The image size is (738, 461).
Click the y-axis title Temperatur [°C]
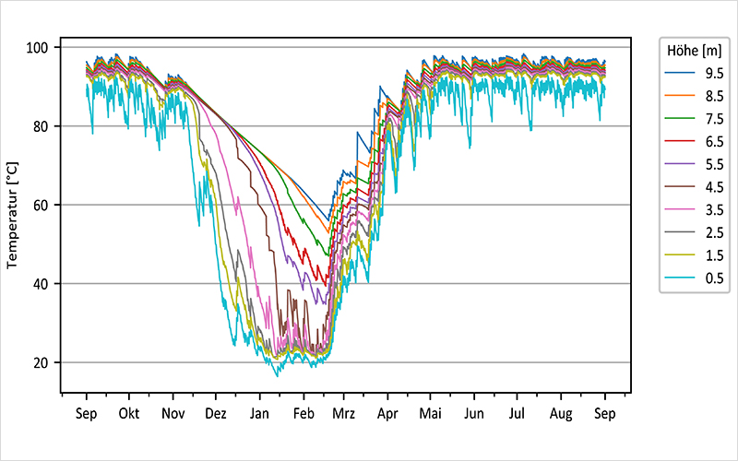click(13, 213)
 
